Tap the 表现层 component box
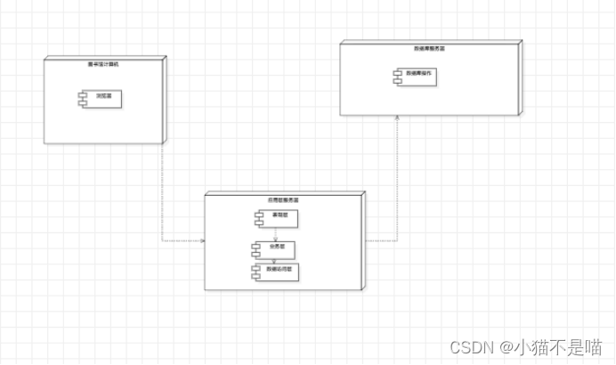[276, 217]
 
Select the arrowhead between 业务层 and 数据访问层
[276, 260]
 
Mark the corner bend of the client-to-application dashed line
[162, 241]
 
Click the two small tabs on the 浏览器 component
[79, 95]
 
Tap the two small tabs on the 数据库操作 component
[397, 77]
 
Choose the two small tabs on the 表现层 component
[254, 217]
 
